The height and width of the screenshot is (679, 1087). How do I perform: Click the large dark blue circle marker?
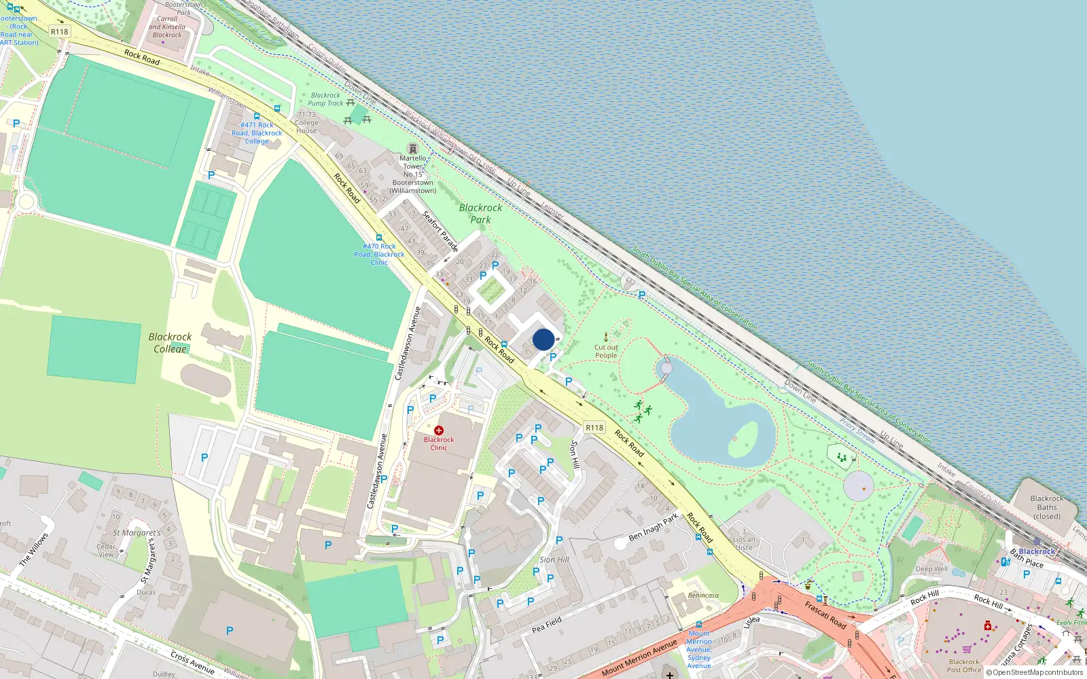click(543, 339)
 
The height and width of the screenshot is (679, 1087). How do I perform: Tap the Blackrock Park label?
click(480, 213)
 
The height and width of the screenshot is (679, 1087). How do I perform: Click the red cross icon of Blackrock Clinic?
click(439, 430)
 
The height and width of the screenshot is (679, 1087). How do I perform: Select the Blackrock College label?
click(170, 342)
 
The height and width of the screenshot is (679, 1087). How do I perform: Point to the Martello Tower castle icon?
click(412, 149)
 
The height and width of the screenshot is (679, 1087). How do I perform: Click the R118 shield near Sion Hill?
click(594, 427)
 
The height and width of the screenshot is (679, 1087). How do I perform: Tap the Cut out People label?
click(606, 351)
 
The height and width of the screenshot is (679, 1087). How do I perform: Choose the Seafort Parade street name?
click(440, 232)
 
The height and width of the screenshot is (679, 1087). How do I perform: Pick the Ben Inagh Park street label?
click(653, 527)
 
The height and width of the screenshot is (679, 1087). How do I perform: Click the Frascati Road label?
click(825, 614)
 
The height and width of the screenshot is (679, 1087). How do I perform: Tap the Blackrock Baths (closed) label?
click(1047, 507)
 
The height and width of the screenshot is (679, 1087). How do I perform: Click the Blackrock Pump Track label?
click(326, 99)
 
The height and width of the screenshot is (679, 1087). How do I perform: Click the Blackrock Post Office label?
click(964, 665)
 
